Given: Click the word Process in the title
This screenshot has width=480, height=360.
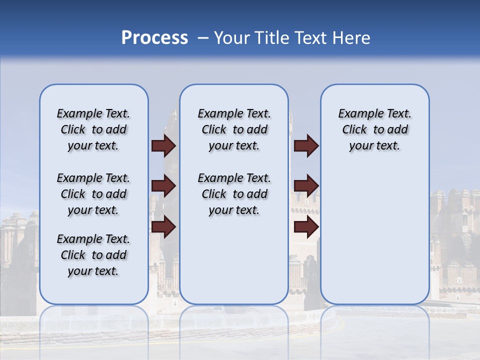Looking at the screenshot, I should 154,38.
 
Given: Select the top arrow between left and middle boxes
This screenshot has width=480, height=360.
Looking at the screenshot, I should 163,145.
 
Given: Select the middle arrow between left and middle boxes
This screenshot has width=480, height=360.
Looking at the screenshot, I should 163,186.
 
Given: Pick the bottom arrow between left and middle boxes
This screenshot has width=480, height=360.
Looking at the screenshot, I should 163,227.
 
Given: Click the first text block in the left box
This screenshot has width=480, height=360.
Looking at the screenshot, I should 93,129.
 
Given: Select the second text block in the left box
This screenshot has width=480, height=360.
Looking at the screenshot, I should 93,194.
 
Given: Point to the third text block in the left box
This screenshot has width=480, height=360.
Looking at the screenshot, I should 93,255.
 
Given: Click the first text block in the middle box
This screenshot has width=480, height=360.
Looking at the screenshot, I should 234,129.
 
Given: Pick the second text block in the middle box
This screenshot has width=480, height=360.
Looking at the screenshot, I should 234,194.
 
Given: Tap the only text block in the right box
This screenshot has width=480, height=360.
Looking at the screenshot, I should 375,129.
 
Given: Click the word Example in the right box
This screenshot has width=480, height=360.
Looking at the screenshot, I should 356,114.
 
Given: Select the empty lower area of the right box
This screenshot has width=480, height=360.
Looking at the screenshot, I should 375,235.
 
